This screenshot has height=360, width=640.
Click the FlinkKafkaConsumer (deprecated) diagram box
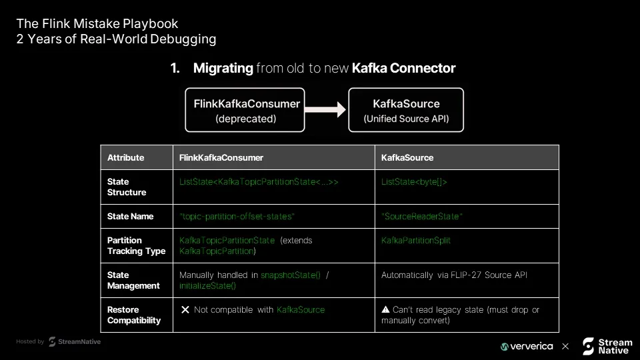(245, 110)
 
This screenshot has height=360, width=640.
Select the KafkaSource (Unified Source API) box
(406, 110)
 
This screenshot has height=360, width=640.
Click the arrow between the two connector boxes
(325, 109)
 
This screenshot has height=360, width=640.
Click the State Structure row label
(127, 187)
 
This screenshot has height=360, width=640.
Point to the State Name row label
(130, 216)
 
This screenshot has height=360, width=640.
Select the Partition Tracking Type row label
(136, 246)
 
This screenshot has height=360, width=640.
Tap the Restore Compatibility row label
(134, 315)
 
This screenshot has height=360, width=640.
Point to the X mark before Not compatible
(185, 310)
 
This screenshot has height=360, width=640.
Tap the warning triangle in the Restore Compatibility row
(385, 309)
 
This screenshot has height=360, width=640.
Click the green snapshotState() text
(291, 275)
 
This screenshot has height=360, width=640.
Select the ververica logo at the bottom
(527, 347)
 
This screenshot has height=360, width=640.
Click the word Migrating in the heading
(223, 68)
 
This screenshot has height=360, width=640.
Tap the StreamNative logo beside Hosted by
(75, 341)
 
